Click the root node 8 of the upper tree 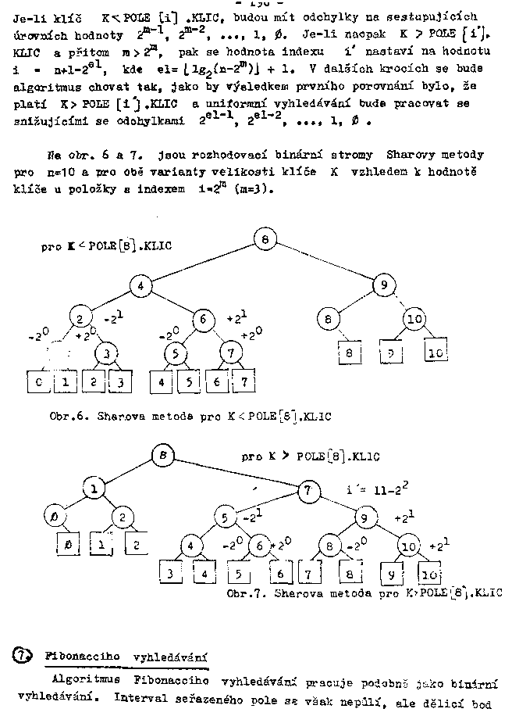pyautogui.click(x=265, y=239)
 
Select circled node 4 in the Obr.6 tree pyautogui.click(x=140, y=286)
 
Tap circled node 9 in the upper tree pyautogui.click(x=384, y=286)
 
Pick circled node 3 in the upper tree pyautogui.click(x=106, y=353)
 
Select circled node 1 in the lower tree pyautogui.click(x=94, y=489)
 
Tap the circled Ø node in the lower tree pyautogui.click(x=55, y=517)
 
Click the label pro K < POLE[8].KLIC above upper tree pyautogui.click(x=106, y=246)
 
